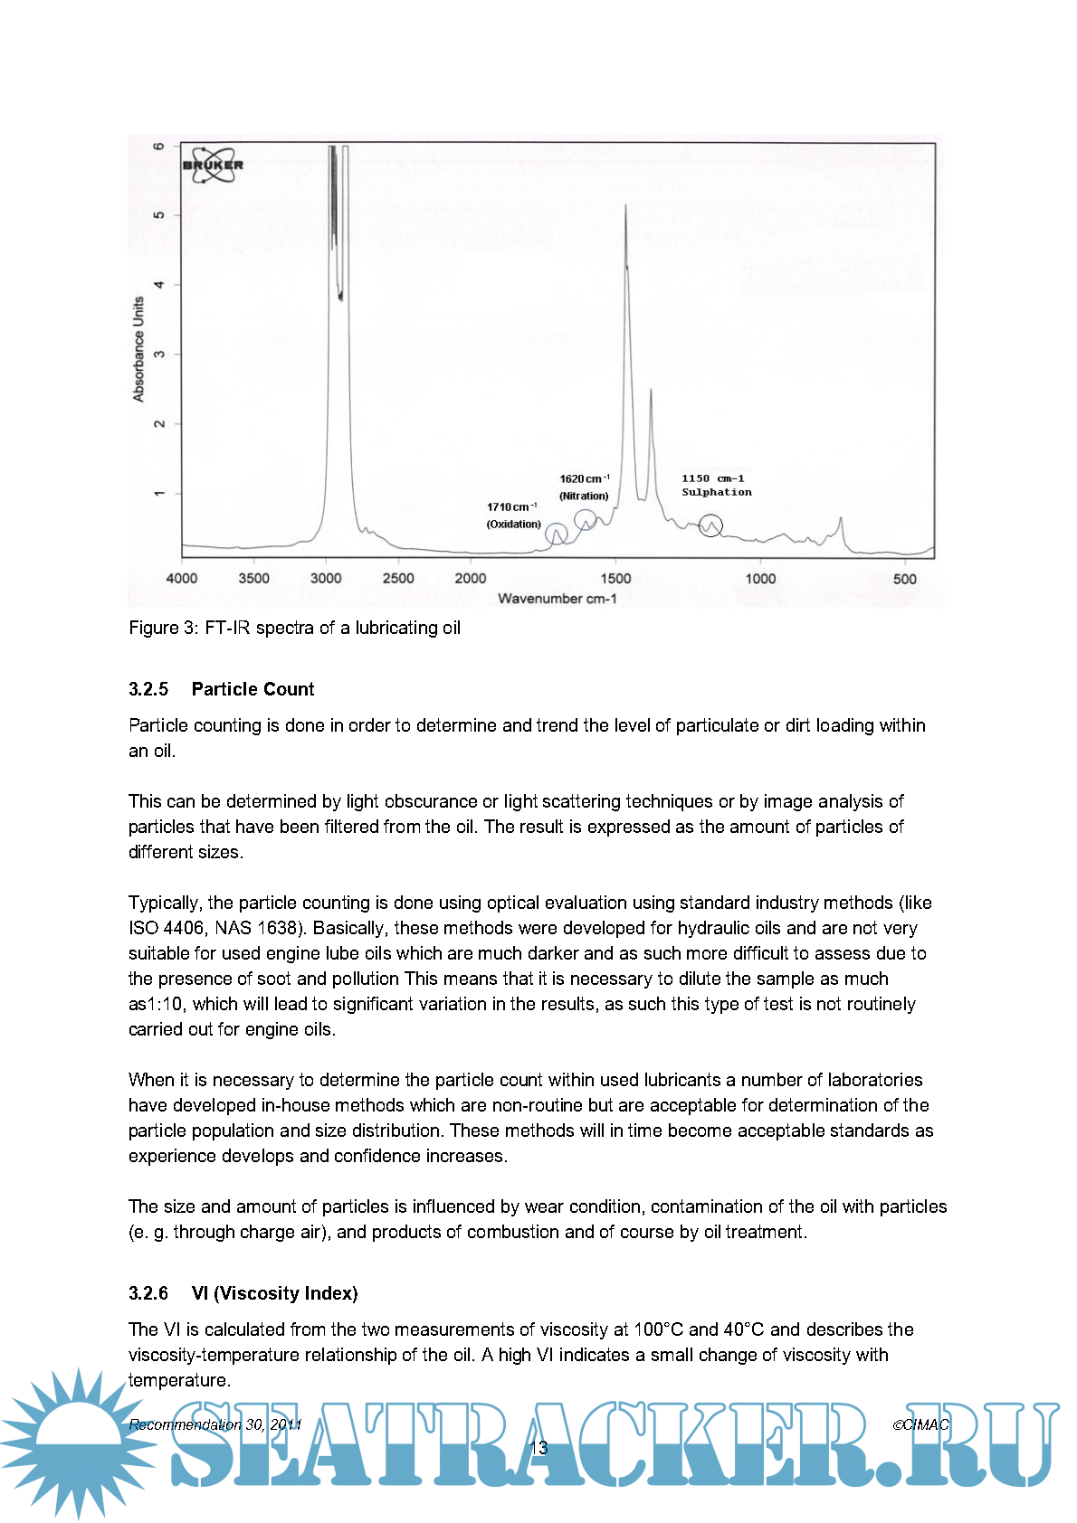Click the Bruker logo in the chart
coord(214,165)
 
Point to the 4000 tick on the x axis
coord(182,579)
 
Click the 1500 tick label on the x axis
coord(615,579)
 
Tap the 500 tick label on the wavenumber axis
coord(904,579)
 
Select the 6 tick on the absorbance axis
coord(159,146)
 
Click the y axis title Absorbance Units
coord(138,348)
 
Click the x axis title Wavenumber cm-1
coord(557,599)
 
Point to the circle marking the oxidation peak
coord(557,534)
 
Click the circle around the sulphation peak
coord(711,525)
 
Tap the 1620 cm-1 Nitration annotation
coord(584,487)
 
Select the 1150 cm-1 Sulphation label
coord(716,485)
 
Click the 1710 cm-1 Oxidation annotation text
coord(513,515)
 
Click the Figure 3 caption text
coord(294,628)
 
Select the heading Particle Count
coord(253,689)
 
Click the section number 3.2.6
coord(148,1293)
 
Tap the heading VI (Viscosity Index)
coord(274,1293)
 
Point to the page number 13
coord(538,1448)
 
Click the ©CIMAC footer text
coord(920,1424)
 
